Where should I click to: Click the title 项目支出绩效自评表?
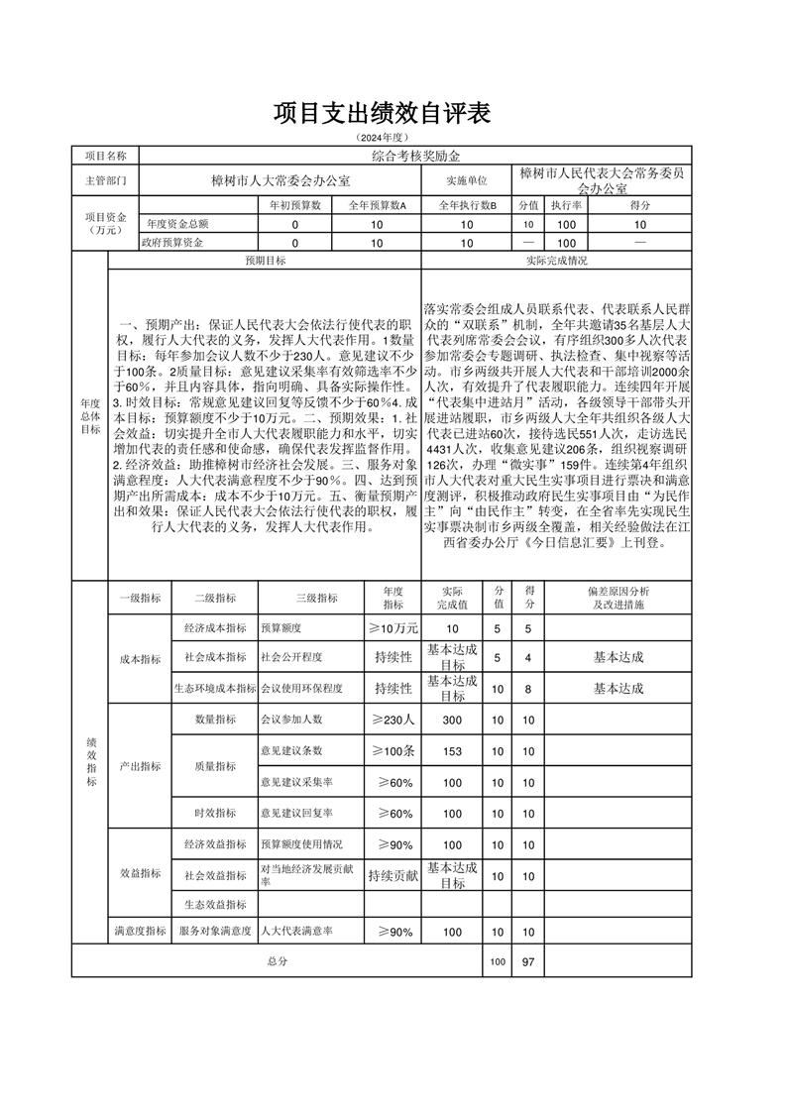[383, 114]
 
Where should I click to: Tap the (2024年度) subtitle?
[383, 137]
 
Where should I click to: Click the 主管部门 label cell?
[105, 181]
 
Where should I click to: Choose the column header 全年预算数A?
[378, 205]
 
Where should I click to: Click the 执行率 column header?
[567, 205]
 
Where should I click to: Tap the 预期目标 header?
[266, 261]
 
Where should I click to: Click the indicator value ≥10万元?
[393, 628]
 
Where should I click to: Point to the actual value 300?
[453, 720]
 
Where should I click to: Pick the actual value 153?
[453, 751]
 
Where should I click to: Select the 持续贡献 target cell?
[393, 876]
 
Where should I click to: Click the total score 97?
[528, 961]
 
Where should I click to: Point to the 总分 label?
[277, 961]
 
